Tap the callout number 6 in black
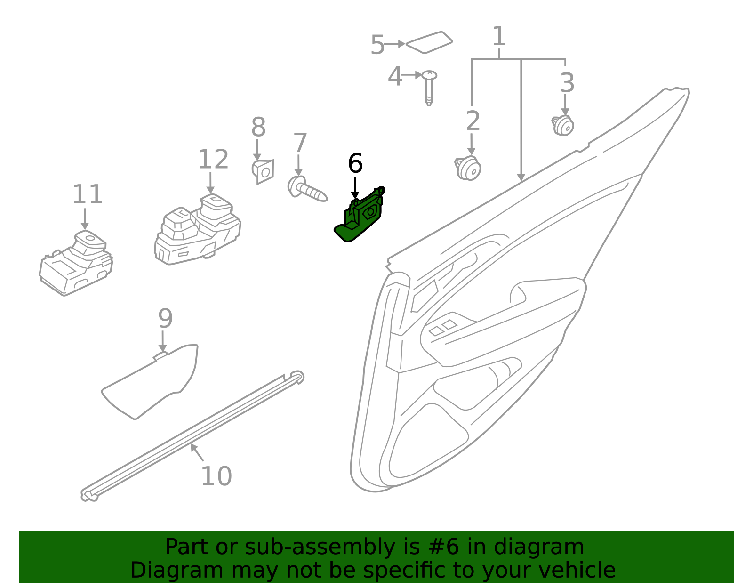pos(355,164)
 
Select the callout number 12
pos(213,160)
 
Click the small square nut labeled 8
pos(263,171)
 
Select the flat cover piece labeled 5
pos(429,42)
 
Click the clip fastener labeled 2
pos(468,169)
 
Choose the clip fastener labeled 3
pos(563,125)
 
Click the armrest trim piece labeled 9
pos(151,381)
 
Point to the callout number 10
pos(216,476)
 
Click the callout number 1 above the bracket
pos(499,36)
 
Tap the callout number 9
pos(165,319)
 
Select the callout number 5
pos(377,45)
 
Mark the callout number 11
pos(87,194)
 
